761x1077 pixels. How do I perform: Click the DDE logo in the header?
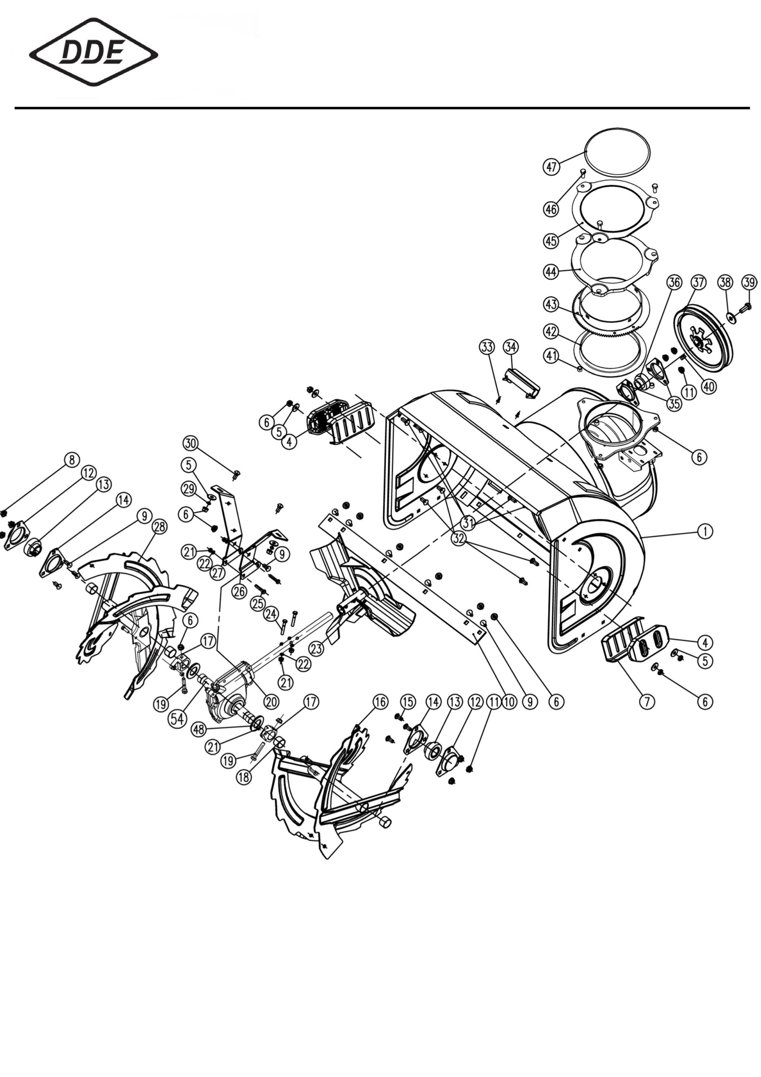(x=94, y=52)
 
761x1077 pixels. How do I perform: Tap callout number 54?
(x=178, y=720)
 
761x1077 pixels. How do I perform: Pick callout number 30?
(x=191, y=443)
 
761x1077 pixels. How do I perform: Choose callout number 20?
(x=271, y=702)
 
